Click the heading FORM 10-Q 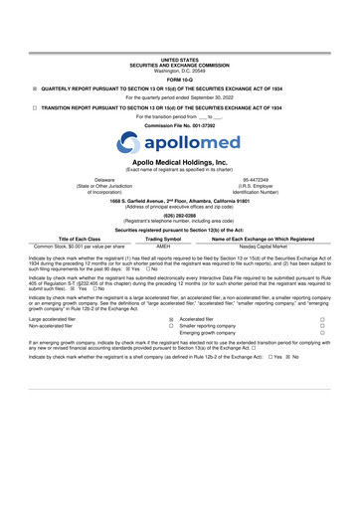tap(180, 51)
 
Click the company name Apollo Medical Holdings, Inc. tap(180, 160)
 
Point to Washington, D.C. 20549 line tap(180, 43)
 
